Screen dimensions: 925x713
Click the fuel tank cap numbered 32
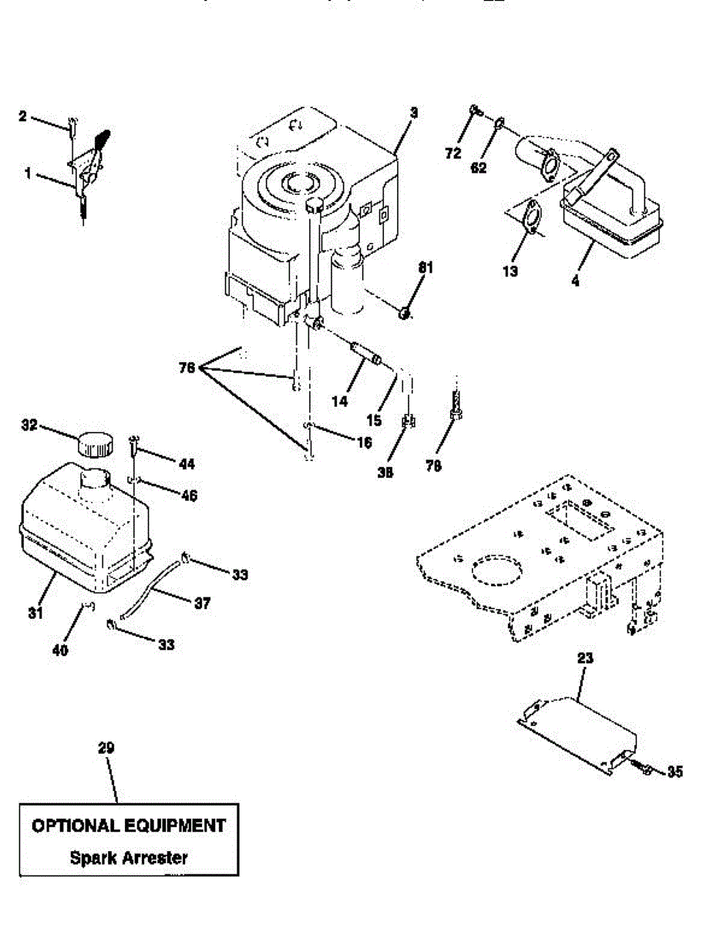tap(93, 444)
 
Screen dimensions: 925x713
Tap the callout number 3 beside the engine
tap(413, 113)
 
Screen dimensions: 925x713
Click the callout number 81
tap(426, 267)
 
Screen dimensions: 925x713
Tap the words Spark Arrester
tap(129, 857)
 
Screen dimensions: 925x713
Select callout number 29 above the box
tap(106, 748)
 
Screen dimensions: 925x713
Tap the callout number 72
tap(452, 153)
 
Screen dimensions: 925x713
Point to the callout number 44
tap(186, 464)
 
